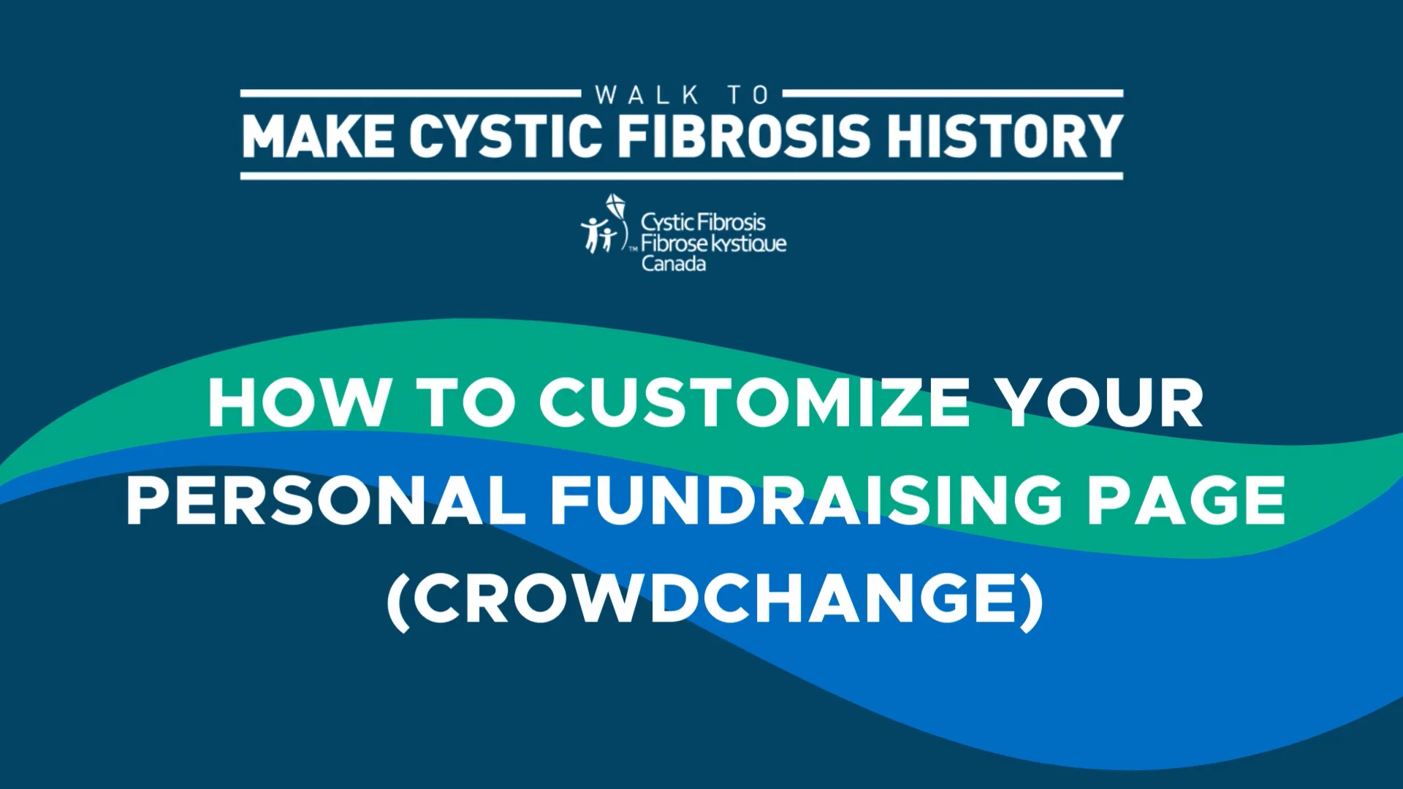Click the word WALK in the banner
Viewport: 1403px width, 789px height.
click(647, 95)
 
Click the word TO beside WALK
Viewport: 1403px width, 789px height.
click(748, 95)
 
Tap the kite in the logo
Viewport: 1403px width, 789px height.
click(616, 207)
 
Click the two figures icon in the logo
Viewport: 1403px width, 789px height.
click(598, 235)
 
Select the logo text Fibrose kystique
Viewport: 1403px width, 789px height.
click(714, 243)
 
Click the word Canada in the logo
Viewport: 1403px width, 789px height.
click(674, 264)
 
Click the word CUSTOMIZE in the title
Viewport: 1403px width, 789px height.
click(755, 403)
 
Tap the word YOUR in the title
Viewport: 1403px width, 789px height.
click(1103, 403)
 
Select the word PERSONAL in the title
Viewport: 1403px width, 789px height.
click(326, 500)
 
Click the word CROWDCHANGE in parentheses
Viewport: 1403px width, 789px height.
click(715, 598)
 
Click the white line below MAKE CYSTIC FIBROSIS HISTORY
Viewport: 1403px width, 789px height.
click(681, 176)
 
